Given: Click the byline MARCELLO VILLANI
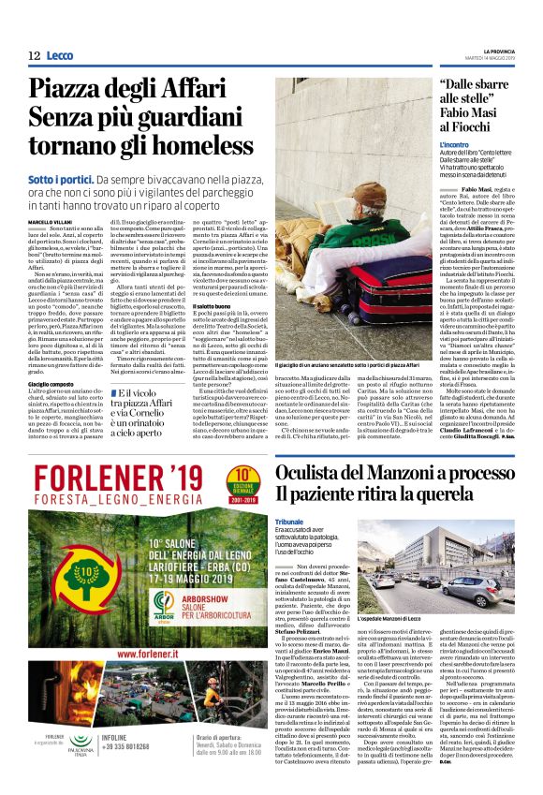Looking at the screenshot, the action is (x=49, y=221).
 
